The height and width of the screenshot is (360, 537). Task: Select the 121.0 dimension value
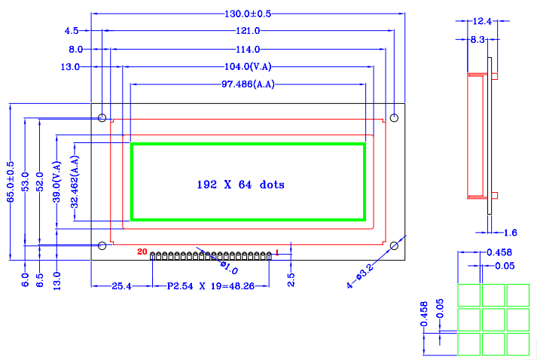247,31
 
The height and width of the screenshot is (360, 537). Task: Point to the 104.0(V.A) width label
248,67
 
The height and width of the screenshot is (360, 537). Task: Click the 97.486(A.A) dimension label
248,84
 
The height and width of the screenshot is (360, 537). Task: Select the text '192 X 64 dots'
240,184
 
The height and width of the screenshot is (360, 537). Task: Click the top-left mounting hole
102,118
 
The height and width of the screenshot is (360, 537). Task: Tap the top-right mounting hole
393,118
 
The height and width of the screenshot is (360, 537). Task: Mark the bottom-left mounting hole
102,246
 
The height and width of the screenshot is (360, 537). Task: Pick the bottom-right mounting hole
393,246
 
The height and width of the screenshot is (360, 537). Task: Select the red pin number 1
277,252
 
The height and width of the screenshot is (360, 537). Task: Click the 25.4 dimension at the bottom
121,287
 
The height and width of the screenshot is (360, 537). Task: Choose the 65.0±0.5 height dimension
11,181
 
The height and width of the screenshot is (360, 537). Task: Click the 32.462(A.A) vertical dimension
74,181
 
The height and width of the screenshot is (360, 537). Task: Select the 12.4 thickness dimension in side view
482,22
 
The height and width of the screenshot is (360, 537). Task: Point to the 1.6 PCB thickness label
510,233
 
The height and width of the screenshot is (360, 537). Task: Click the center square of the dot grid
493,319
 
